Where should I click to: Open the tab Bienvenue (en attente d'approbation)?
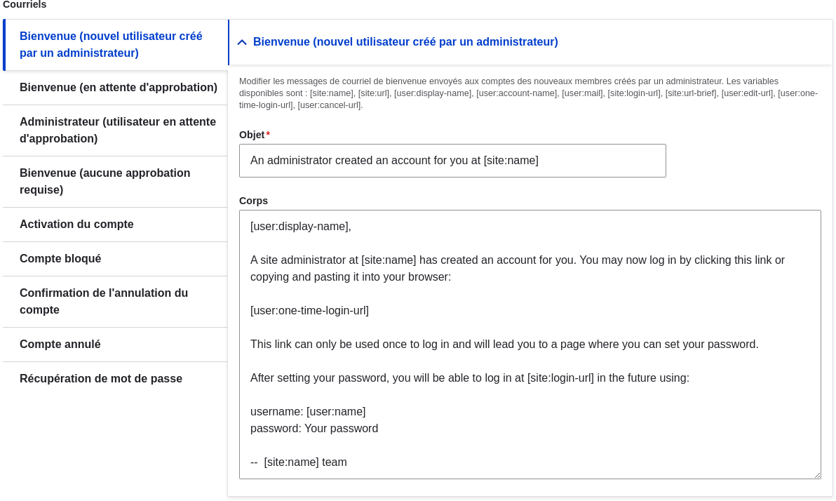point(118,88)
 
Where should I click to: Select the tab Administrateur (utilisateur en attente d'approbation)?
point(117,131)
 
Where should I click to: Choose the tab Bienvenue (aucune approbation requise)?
point(105,182)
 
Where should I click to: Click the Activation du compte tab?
point(76,225)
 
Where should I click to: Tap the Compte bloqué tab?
point(60,259)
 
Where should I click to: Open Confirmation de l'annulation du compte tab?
point(104,302)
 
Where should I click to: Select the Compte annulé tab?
point(60,345)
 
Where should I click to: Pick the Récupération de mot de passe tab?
point(101,379)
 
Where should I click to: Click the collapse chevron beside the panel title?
point(242,42)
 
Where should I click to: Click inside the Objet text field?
point(452,161)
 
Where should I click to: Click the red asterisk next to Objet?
point(268,134)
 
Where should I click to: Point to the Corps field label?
point(253,201)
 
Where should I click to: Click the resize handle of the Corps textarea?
point(816,475)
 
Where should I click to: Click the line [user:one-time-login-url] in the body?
point(309,311)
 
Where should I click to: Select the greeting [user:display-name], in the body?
point(301,227)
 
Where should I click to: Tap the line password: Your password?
point(314,429)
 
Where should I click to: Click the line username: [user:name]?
point(308,412)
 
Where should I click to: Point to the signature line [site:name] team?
point(305,462)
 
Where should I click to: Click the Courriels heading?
point(25,5)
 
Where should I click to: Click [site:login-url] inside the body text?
point(560,378)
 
